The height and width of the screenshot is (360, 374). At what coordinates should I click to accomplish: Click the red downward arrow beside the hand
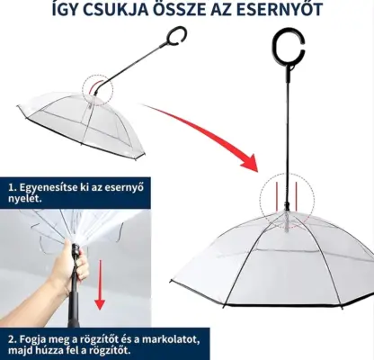click(x=101, y=288)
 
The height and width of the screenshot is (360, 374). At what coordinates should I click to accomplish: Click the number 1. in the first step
click(x=13, y=188)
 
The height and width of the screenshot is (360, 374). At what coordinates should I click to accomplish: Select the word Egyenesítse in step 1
click(x=51, y=188)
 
